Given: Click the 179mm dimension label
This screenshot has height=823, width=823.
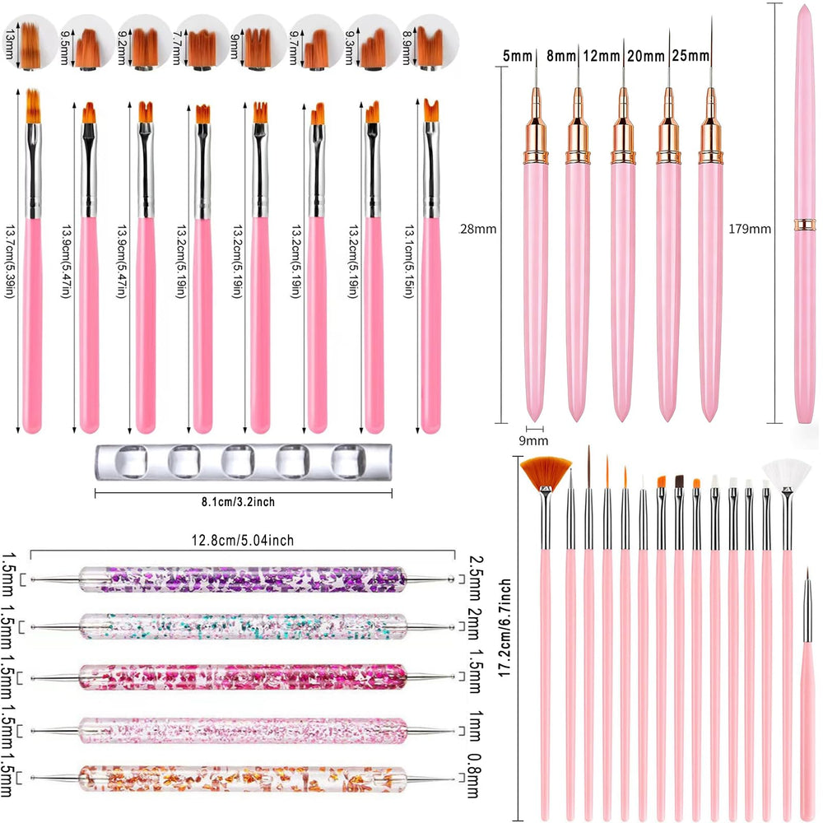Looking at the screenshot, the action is click(750, 229).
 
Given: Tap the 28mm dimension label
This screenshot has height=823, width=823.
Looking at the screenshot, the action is click(477, 229).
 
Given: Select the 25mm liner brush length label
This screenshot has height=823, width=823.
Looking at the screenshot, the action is click(690, 56).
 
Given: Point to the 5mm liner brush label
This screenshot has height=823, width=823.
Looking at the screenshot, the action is click(518, 56).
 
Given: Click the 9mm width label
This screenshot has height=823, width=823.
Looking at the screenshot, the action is click(533, 441).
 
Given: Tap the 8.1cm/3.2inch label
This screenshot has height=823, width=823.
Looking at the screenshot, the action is click(239, 502).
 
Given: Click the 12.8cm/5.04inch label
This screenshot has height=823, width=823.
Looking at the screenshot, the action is click(243, 540).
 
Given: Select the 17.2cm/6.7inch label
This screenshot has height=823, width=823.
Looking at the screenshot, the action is click(505, 628).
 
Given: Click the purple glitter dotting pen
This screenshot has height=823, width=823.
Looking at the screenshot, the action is click(243, 579).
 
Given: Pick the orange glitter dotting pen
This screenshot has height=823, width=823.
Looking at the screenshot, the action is click(243, 779).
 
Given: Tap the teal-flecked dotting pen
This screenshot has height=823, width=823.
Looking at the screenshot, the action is click(243, 626).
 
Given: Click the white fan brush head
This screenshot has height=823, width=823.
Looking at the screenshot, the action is click(786, 473).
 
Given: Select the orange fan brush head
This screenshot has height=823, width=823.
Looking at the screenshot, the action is click(546, 471).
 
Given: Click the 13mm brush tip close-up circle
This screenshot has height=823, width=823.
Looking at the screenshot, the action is click(30, 42).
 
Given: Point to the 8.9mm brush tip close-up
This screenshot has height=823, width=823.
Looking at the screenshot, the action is click(431, 42).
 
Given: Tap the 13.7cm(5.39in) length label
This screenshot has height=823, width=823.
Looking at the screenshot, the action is click(10, 262).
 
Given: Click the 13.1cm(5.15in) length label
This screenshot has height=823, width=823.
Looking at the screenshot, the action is click(409, 262).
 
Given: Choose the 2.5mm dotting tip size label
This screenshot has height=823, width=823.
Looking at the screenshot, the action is click(474, 579).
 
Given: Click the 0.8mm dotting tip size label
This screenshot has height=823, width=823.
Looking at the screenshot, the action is click(474, 776).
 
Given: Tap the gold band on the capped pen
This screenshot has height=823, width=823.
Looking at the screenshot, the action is click(805, 225).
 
